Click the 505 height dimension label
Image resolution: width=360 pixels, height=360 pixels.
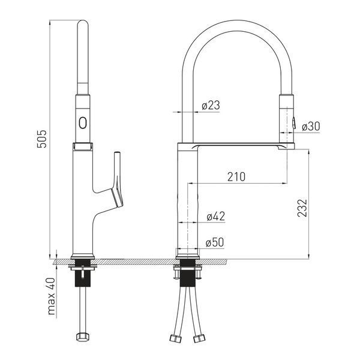[x=42, y=139]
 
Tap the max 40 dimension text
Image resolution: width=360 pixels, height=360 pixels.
[x=51, y=296]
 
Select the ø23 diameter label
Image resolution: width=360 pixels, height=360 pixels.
[x=211, y=105]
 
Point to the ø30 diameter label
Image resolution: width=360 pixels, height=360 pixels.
[x=311, y=126]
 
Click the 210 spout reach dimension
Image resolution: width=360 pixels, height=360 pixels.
[x=236, y=176]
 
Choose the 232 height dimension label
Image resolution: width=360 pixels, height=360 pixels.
[x=302, y=208]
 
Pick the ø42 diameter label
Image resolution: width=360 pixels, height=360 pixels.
[x=216, y=216]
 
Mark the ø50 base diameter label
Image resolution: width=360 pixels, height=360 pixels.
[x=215, y=242]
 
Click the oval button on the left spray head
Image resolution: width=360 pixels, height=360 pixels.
[x=83, y=123]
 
